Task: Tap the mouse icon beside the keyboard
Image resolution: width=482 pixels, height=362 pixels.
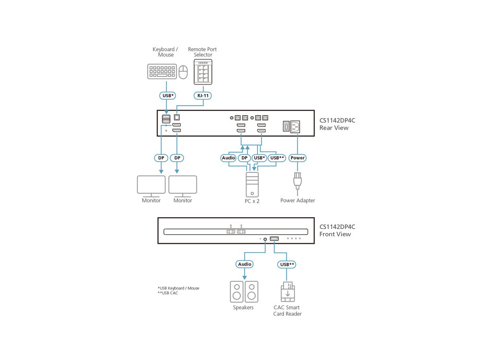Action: [183, 72]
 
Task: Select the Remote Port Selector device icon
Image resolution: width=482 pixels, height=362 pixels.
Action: [203, 72]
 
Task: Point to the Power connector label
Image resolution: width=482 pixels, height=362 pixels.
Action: [298, 158]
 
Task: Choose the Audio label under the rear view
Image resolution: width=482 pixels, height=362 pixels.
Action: [229, 158]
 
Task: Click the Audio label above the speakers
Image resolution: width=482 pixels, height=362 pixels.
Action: [245, 264]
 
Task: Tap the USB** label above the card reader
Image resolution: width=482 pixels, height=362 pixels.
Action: [287, 264]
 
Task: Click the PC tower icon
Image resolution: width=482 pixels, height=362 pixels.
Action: [252, 184]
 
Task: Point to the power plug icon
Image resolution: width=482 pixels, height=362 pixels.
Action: [297, 181]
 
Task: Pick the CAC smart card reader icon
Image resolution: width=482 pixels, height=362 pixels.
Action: [287, 292]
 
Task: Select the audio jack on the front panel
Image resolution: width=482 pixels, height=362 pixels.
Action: [265, 239]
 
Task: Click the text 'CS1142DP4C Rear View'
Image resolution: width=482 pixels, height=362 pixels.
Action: [337, 124]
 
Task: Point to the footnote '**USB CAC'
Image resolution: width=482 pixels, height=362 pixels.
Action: [168, 293]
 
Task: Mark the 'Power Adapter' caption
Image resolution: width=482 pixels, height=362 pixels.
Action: [298, 200]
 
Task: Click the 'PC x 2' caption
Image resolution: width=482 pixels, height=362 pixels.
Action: [252, 201]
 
